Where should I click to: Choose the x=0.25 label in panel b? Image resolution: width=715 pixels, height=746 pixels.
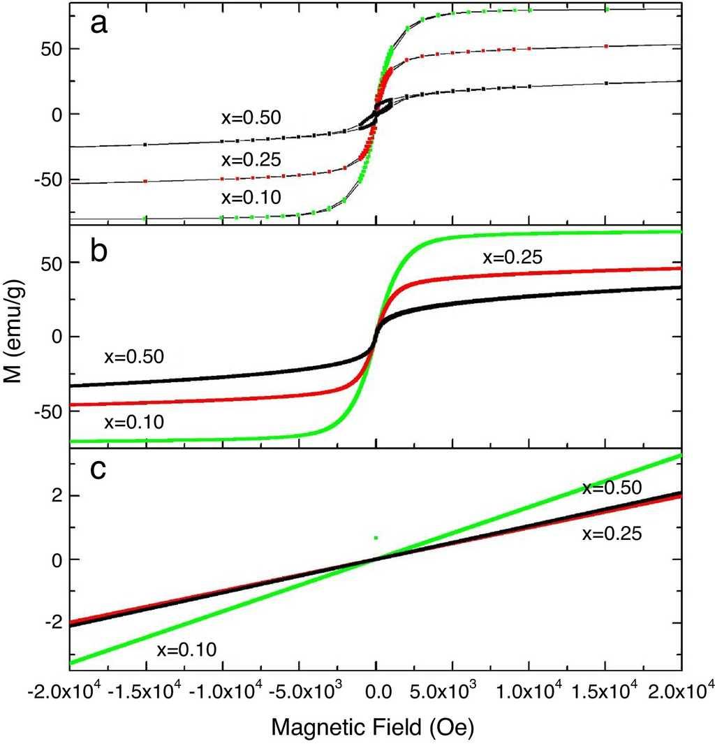coord(513,258)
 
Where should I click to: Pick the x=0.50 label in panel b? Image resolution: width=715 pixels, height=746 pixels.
coord(134,357)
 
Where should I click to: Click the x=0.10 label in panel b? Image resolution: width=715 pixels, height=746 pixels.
coord(134,421)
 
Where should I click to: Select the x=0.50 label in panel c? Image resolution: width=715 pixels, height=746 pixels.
coord(612,488)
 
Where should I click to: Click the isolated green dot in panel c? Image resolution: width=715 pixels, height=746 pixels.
coord(376,537)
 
